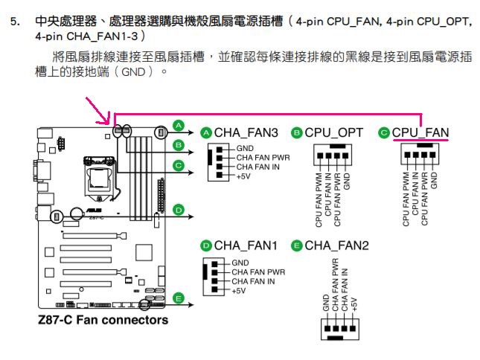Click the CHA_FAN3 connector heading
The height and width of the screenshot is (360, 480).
[x=246, y=132]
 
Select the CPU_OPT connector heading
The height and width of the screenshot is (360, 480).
[x=333, y=132]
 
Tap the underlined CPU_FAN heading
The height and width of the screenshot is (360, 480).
[x=420, y=132]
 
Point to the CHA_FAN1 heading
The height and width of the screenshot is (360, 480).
[x=246, y=245]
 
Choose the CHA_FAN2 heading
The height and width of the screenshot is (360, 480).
[x=336, y=245]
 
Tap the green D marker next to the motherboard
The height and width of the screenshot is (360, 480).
[x=179, y=210]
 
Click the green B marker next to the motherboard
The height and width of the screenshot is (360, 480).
[x=179, y=145]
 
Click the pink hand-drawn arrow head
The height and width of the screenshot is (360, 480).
[x=106, y=121]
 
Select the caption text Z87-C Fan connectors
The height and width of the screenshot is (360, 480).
[x=103, y=320]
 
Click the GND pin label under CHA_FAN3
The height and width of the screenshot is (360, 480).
[x=245, y=148]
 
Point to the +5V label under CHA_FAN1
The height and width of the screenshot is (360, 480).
[x=239, y=291]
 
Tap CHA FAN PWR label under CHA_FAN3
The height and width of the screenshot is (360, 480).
[x=263, y=158]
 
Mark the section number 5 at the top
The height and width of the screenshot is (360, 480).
[x=16, y=22]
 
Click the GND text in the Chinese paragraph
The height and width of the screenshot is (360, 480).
[x=133, y=72]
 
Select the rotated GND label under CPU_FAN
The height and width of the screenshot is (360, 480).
[x=434, y=181]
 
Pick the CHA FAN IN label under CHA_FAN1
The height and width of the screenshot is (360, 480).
[x=253, y=281]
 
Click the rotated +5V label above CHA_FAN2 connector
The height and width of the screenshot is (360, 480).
[x=354, y=304]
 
